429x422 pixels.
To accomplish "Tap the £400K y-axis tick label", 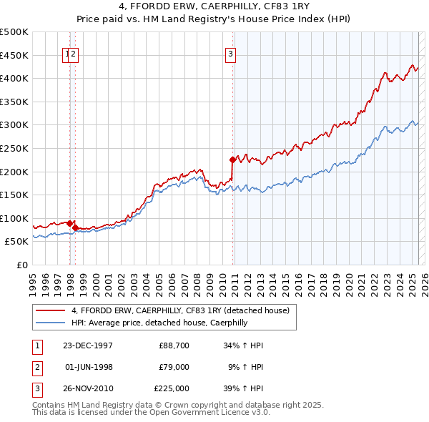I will click(14, 77).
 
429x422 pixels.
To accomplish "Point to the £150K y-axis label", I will click(14, 195).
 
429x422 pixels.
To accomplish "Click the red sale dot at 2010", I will click(232, 160).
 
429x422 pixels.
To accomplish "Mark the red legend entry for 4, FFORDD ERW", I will click(179, 310).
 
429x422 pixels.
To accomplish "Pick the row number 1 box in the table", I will click(36, 345).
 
